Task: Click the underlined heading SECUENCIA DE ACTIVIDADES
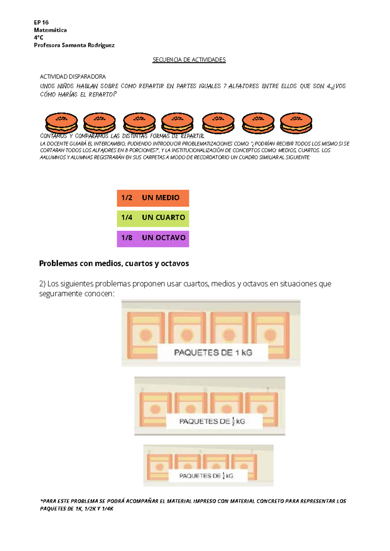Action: coord(189,60)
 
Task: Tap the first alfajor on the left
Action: coord(61,123)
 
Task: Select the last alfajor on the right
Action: coord(296,123)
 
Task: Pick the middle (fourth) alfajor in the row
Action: coord(177,123)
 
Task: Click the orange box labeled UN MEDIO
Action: coord(153,198)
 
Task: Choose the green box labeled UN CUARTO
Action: coord(153,218)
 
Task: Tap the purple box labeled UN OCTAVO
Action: coord(153,239)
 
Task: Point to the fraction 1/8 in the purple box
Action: coord(127,238)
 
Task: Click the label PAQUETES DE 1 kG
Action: coord(213,353)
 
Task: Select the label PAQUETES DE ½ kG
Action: coord(212,422)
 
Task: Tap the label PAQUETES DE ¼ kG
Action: coord(206,476)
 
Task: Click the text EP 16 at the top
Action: coord(41,22)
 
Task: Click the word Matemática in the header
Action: coord(50,30)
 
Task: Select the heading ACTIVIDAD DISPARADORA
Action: coord(73,77)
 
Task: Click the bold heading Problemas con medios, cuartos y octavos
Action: coord(114,263)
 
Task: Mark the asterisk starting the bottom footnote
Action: coord(41,500)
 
